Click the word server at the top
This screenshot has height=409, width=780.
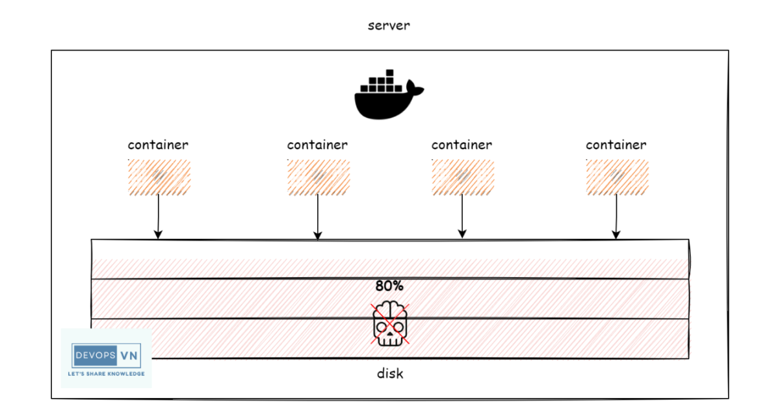tap(389, 26)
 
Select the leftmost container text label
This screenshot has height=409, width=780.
tap(158, 145)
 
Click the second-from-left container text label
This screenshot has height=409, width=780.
tap(317, 145)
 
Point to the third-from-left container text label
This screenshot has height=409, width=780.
tap(461, 145)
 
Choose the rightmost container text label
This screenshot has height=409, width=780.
tap(616, 145)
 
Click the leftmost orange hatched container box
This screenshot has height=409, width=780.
tap(159, 177)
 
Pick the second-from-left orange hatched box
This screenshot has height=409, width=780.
tap(318, 177)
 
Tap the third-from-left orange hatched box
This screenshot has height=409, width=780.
tap(463, 177)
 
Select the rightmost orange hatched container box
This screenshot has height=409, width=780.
tap(616, 177)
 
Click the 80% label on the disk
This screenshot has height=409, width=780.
tap(389, 286)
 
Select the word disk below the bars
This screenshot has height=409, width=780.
tap(389, 374)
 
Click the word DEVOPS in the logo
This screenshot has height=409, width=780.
tap(95, 356)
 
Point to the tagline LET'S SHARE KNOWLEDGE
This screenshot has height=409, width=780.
tap(106, 374)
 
